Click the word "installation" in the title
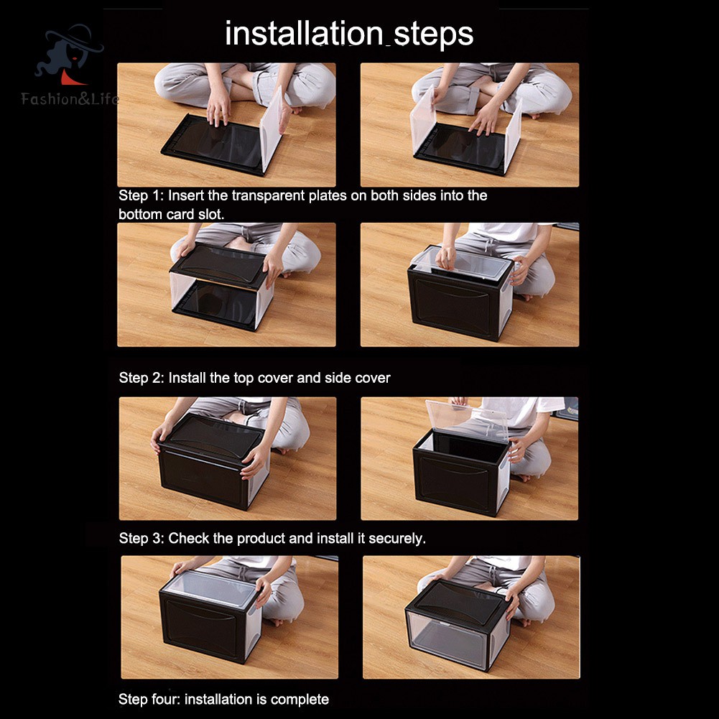pyautogui.click(x=304, y=33)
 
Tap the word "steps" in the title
pyautogui.click(x=433, y=35)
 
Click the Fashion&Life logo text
pyautogui.click(x=70, y=98)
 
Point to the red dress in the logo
pyautogui.click(x=71, y=78)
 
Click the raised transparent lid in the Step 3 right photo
pyautogui.click(x=466, y=420)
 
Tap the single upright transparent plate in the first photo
pyautogui.click(x=271, y=129)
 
